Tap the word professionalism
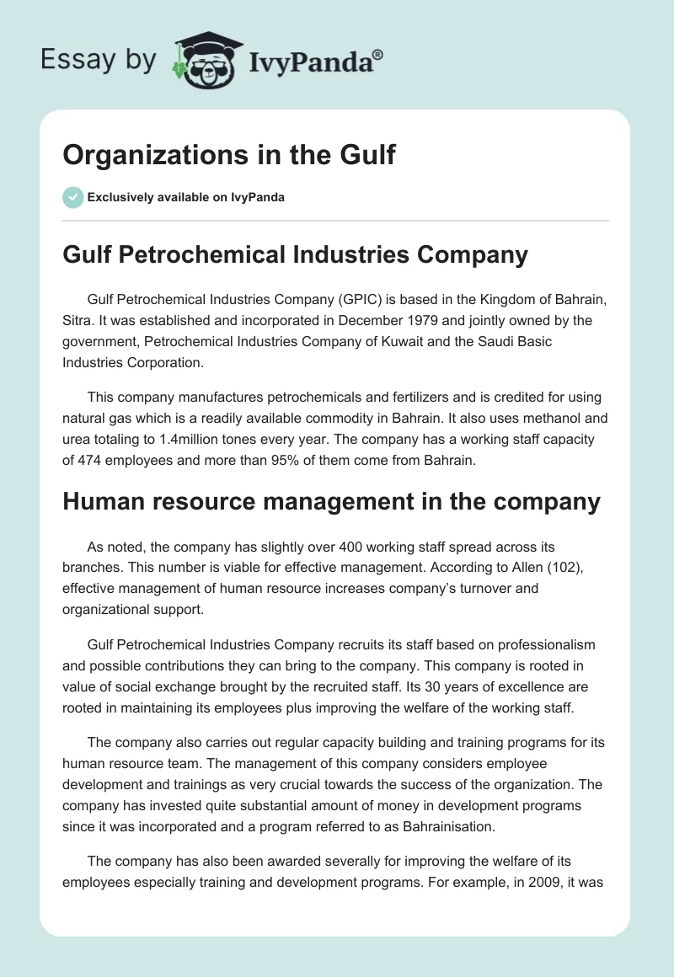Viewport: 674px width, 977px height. (543, 644)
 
